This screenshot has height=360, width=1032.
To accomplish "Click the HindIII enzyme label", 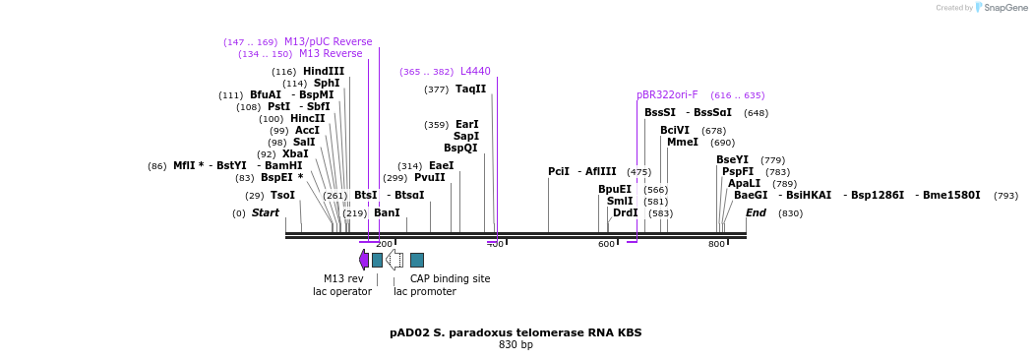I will pos(323,71).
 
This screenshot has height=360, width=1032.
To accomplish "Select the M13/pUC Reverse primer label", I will pos(328,41).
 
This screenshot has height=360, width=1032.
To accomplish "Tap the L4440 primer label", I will pos(475,71).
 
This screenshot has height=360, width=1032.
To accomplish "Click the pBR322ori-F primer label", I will pos(667,95).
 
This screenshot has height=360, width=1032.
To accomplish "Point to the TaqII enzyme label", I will pos(470,89).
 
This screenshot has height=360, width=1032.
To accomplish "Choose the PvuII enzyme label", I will pos(429,178).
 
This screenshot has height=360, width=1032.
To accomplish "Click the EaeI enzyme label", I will pos(441,165).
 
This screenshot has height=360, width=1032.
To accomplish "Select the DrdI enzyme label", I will pos(625,212).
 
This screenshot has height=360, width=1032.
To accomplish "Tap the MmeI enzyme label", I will pos(682,143).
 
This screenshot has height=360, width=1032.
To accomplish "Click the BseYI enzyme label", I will pos(732,159).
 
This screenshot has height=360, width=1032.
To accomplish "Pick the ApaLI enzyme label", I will pos(744,183).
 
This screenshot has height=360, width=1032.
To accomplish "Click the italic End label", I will pos(756,212).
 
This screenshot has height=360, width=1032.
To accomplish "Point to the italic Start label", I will pos(266,212).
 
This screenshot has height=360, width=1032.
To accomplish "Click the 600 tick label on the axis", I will pos(606,244).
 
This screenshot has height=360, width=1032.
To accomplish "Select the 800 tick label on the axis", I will pos(716,244).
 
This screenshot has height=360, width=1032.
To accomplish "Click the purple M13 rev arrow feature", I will pos(364,260).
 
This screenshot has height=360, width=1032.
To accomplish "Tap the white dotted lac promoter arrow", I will pos(394,260).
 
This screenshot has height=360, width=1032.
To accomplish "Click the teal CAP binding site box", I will pos(417,260).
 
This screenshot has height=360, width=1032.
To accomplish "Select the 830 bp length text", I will pos(516,345).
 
